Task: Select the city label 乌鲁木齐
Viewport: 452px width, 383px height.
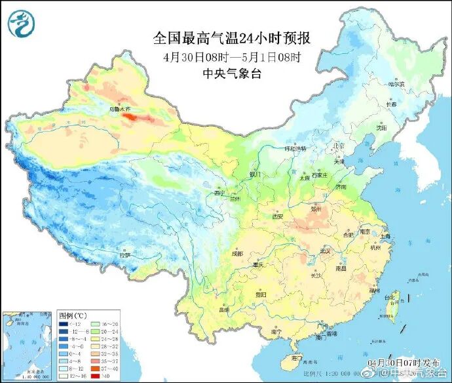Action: (120, 108)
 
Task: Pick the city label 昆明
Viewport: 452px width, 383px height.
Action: (225, 309)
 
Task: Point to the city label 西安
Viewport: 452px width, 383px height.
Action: (277, 216)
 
